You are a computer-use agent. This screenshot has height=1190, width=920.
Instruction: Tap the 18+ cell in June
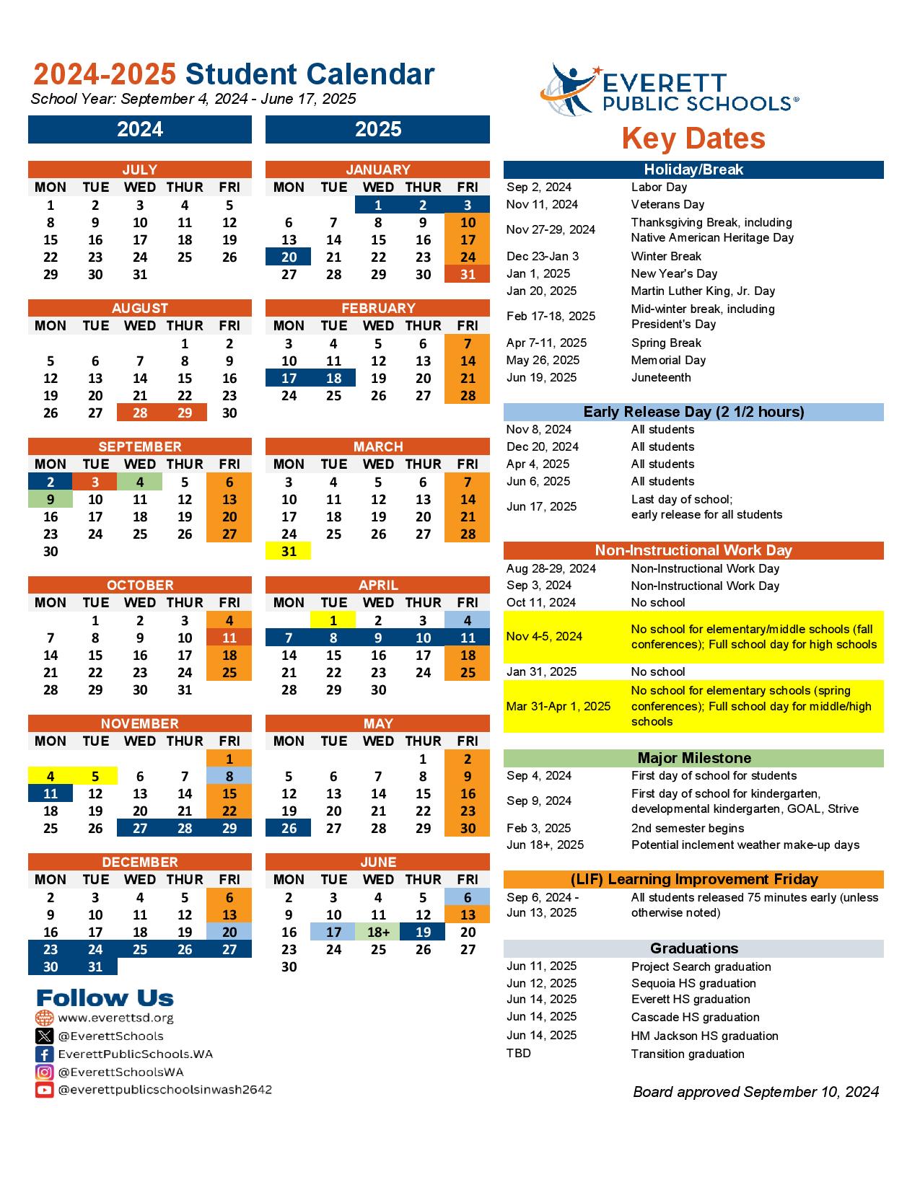click(x=378, y=932)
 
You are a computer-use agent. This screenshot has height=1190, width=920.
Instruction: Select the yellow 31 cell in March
click(x=289, y=551)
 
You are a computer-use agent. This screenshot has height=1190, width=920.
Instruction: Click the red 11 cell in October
click(x=229, y=638)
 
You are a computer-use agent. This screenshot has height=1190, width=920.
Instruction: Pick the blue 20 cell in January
click(x=289, y=257)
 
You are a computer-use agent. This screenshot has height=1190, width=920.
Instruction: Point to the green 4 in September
click(x=140, y=482)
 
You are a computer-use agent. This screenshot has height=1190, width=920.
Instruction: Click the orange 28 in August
click(x=140, y=413)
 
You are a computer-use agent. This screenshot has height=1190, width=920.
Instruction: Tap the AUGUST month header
click(x=140, y=308)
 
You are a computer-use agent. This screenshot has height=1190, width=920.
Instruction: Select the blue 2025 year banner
click(x=377, y=130)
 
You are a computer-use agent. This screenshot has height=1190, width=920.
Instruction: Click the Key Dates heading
click(x=693, y=138)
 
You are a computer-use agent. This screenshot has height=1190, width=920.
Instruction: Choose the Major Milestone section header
click(x=693, y=758)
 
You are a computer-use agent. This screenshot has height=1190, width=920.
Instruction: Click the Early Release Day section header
click(x=693, y=412)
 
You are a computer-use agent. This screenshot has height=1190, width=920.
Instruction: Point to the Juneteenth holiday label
click(x=661, y=377)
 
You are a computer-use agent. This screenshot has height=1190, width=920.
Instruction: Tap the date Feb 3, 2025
click(x=538, y=828)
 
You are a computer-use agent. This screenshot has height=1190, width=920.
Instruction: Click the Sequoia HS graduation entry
click(x=693, y=983)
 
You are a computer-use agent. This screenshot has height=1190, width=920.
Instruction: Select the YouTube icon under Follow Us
click(x=45, y=1090)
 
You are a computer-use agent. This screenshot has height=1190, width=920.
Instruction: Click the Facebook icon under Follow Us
click(x=45, y=1054)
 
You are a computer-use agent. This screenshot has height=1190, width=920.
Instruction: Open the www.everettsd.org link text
click(x=115, y=1018)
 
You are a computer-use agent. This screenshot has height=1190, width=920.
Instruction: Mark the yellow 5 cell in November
click(x=95, y=776)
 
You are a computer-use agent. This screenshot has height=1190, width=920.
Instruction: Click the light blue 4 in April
click(x=468, y=620)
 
